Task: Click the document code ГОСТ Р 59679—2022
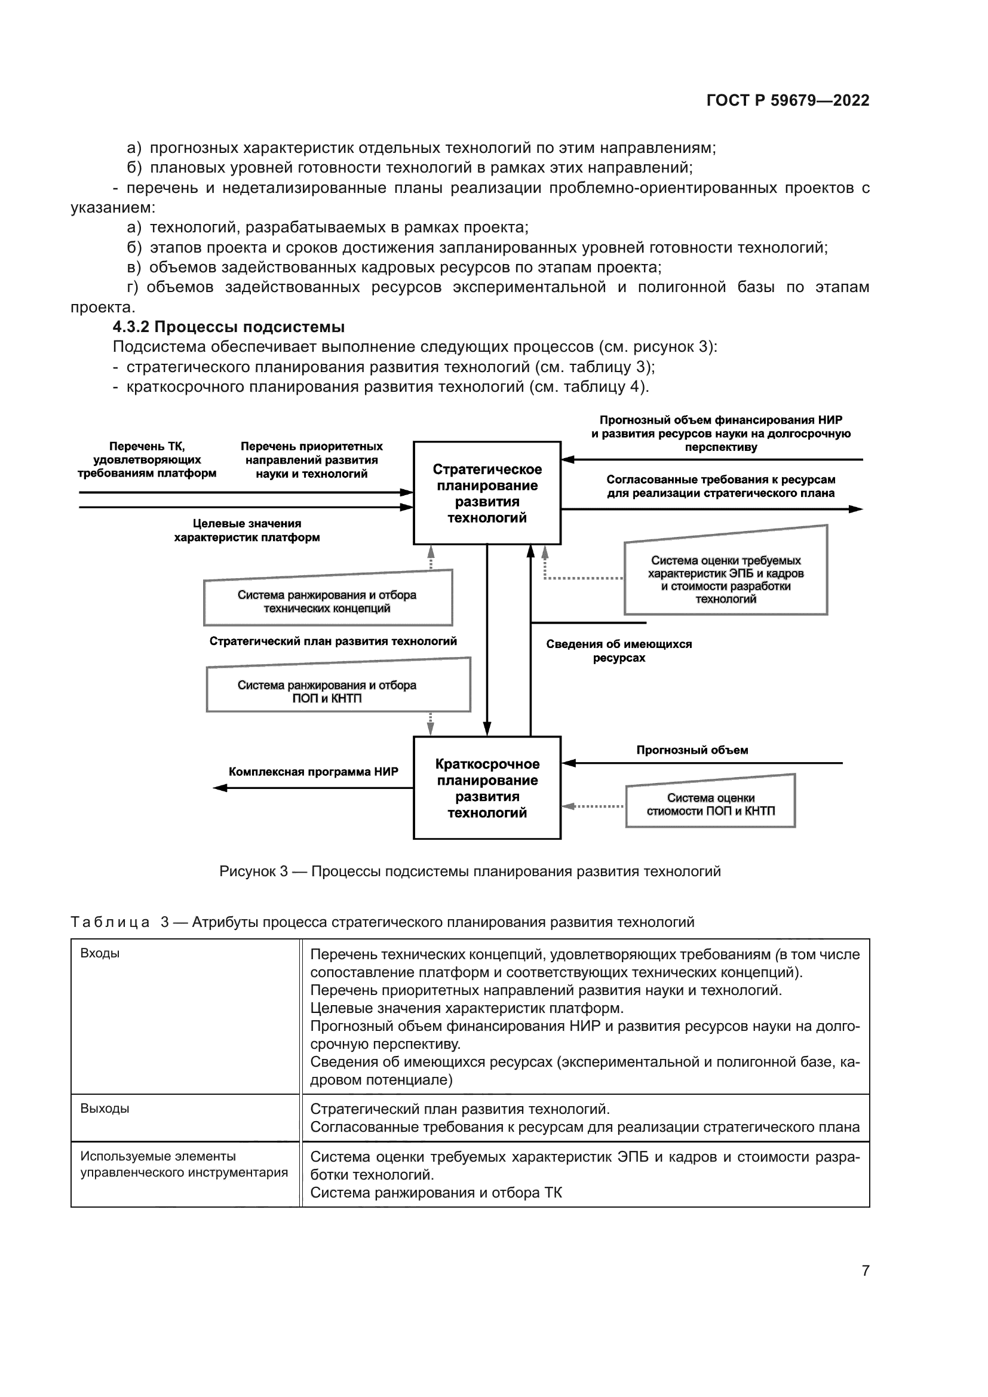tap(787, 100)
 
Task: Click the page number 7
tap(865, 1270)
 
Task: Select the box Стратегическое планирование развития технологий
tap(487, 493)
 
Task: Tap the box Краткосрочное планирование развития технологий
tap(487, 788)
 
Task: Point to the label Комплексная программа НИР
tap(314, 772)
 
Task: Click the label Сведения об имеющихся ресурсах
tap(619, 650)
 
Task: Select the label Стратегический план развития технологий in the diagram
tap(333, 641)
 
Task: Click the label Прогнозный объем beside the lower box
tap(692, 750)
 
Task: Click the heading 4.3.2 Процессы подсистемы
tap(229, 327)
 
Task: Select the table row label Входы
tap(100, 953)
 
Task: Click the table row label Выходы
tap(105, 1109)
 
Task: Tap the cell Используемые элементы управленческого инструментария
tap(184, 1164)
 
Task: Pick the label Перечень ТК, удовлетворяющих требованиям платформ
tap(146, 460)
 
